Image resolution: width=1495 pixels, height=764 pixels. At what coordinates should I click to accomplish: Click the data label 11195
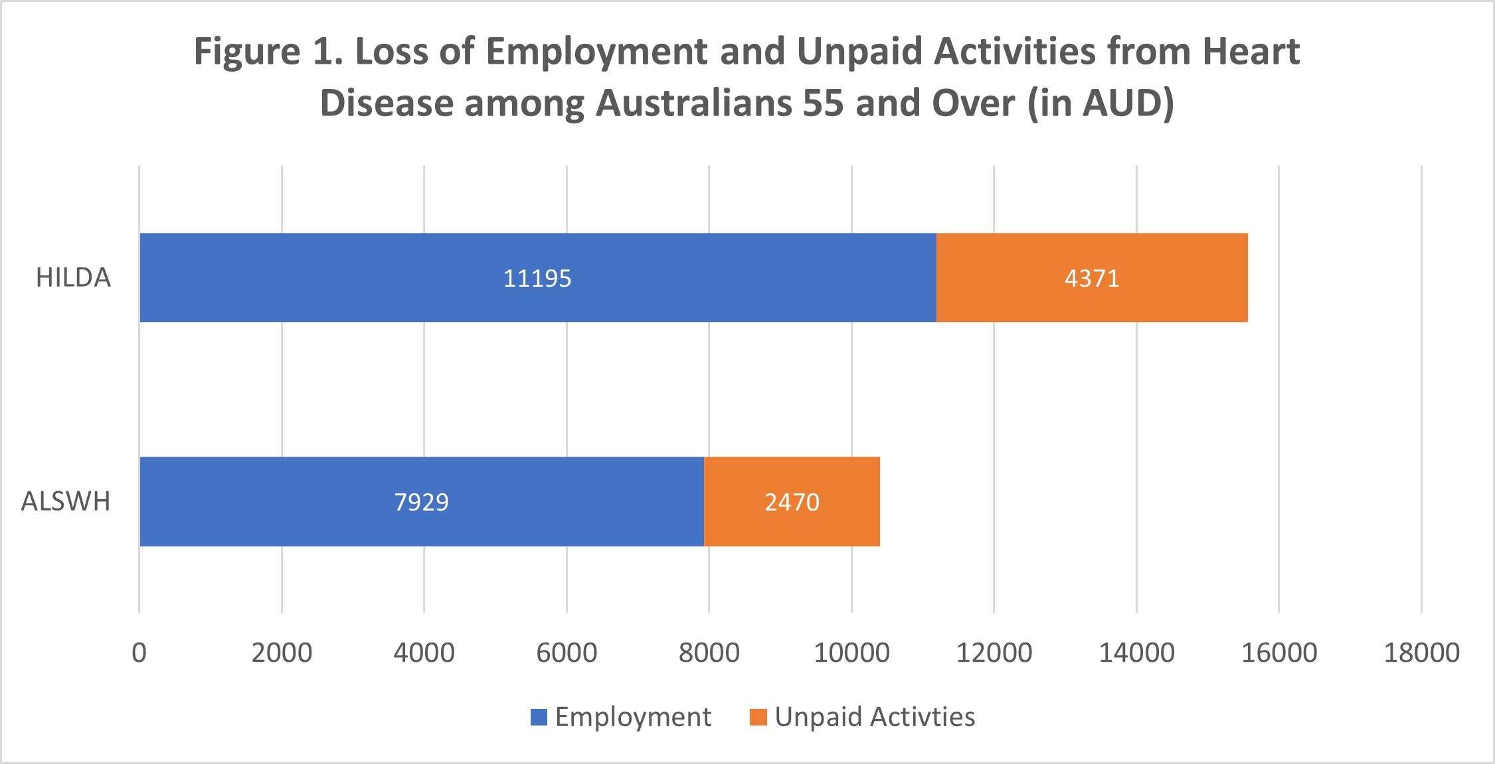(537, 278)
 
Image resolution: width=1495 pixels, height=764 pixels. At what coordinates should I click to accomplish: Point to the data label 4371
(1092, 278)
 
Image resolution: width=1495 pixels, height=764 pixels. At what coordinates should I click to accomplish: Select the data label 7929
(421, 502)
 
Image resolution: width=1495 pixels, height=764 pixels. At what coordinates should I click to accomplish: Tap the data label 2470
(792, 502)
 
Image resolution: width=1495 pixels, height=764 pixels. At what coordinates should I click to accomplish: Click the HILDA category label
(73, 277)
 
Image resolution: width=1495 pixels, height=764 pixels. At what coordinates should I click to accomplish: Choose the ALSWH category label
(66, 501)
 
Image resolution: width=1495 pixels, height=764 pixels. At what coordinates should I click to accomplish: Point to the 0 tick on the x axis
(139, 652)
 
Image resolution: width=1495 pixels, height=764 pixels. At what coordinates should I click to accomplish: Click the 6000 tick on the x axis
(567, 652)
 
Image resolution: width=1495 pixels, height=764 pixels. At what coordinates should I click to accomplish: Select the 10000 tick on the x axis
(851, 652)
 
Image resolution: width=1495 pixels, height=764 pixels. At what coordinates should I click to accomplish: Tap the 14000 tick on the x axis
(1136, 652)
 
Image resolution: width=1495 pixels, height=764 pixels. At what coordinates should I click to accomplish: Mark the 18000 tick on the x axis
(1421, 652)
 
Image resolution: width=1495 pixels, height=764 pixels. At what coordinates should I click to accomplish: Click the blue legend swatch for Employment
(539, 718)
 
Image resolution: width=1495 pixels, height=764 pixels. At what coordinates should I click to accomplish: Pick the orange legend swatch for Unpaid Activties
(758, 718)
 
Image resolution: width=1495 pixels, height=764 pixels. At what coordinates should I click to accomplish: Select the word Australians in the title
(693, 104)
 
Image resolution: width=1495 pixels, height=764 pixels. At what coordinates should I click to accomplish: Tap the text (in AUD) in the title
(1100, 104)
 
